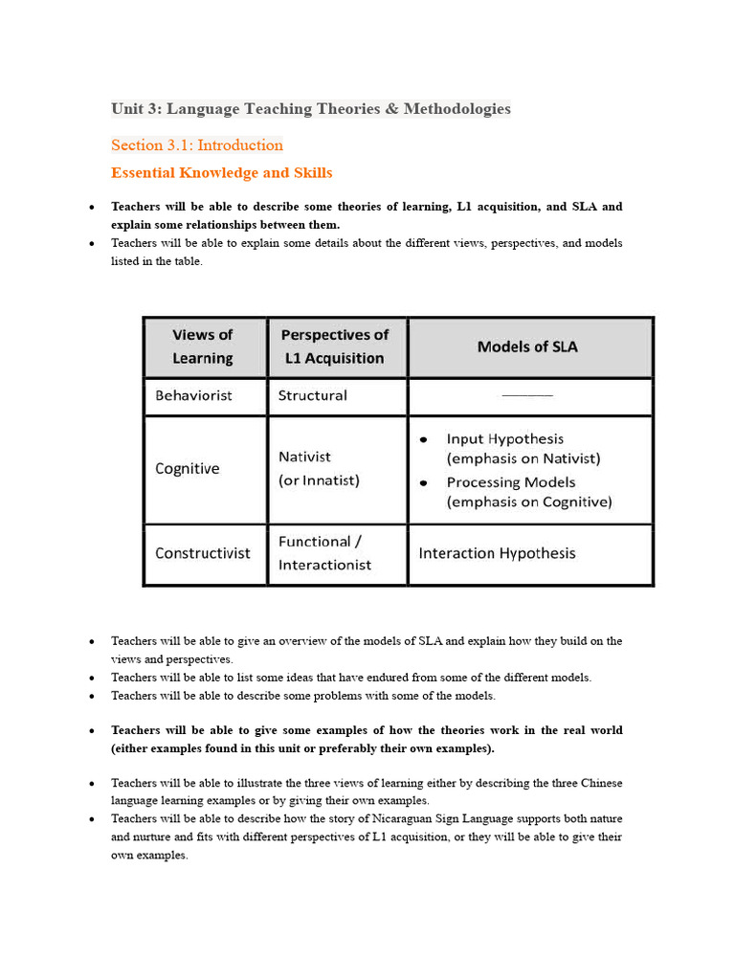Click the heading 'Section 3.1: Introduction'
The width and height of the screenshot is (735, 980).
(x=197, y=145)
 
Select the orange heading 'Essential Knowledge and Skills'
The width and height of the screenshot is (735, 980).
(x=222, y=173)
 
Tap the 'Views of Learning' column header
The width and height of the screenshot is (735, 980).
(x=203, y=346)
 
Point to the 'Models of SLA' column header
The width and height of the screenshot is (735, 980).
(x=527, y=346)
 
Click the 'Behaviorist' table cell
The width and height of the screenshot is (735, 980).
(x=193, y=395)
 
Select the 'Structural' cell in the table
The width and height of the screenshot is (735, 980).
(x=312, y=395)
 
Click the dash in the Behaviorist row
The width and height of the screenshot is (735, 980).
(x=527, y=395)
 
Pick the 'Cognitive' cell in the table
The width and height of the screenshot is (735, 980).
(x=188, y=469)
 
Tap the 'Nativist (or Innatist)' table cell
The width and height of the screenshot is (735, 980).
(x=319, y=469)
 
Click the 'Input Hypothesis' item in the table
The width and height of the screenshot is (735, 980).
(x=504, y=438)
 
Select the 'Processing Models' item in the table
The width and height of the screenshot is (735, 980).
(x=510, y=482)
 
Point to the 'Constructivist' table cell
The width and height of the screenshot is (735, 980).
(x=203, y=553)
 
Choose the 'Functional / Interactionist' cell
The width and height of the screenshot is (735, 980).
(x=324, y=553)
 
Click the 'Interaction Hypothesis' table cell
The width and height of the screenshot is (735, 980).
(x=498, y=553)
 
